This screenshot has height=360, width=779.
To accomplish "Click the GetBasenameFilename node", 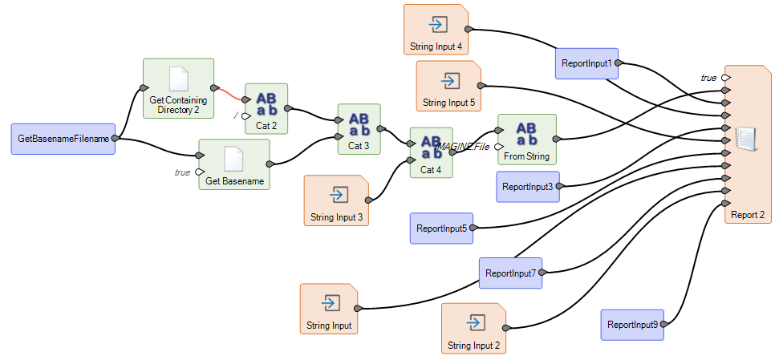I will coord(63,139).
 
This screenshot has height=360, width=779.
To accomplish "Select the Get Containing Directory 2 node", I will coord(178,88).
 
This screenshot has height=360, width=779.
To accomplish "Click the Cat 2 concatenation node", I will coord(266,109).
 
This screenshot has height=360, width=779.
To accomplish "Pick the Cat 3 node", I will coord(359,128).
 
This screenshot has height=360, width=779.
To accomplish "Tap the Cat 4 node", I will coord(431,152).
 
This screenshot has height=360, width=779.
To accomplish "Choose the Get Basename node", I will coord(234,164).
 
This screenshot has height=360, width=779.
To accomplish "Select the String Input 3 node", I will coord(336,200).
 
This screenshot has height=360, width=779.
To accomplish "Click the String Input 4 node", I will coord(436,29).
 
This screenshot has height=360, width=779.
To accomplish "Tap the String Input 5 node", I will coord(448,86).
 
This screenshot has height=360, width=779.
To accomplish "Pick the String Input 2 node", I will coord(473,328).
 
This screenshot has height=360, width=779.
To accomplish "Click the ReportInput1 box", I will coord(586,63).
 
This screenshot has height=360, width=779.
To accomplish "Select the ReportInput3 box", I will coord(527,187).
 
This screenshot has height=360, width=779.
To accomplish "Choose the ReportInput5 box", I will coord(440,229).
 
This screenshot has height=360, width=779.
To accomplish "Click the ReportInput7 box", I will coord(510,273).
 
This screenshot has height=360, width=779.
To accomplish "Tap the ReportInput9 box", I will coord(632,325).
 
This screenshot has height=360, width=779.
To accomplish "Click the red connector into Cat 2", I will coord(232,94).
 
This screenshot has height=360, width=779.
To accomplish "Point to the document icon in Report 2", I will coord(746,140).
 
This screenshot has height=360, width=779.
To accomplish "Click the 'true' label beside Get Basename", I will coord(182,172).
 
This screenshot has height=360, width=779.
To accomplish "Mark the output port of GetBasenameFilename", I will coord(116,139).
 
